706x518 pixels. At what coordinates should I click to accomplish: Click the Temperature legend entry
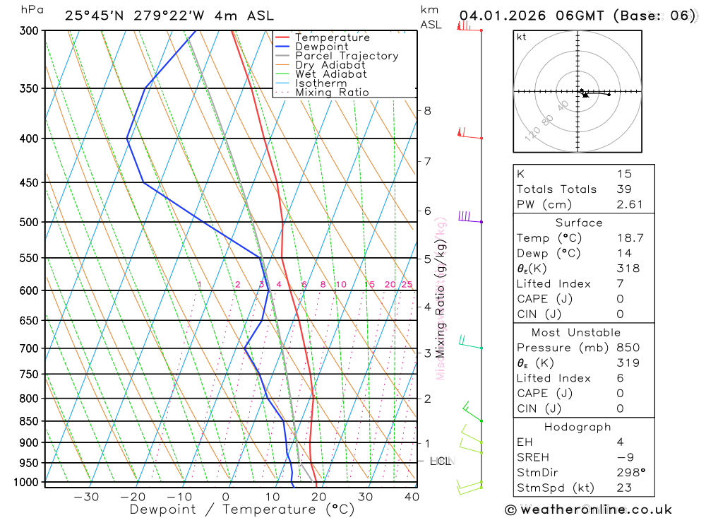click(332, 37)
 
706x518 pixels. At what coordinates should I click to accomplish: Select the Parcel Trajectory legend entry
click(347, 56)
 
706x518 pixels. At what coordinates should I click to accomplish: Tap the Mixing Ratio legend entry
click(332, 93)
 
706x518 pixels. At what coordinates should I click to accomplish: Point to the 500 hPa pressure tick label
click(28, 222)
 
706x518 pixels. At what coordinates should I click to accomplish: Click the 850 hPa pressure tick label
click(28, 421)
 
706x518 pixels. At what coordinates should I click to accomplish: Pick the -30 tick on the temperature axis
click(86, 497)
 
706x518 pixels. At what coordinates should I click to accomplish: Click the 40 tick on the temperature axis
click(412, 497)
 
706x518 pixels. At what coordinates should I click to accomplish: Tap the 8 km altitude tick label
click(428, 110)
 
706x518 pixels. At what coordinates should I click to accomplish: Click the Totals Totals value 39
click(622, 189)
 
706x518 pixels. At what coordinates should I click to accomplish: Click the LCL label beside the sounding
click(440, 461)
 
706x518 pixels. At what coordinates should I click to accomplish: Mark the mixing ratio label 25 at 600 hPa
click(407, 285)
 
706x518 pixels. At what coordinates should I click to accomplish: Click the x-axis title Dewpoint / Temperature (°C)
click(242, 510)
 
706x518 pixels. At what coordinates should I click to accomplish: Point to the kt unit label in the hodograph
click(522, 37)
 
